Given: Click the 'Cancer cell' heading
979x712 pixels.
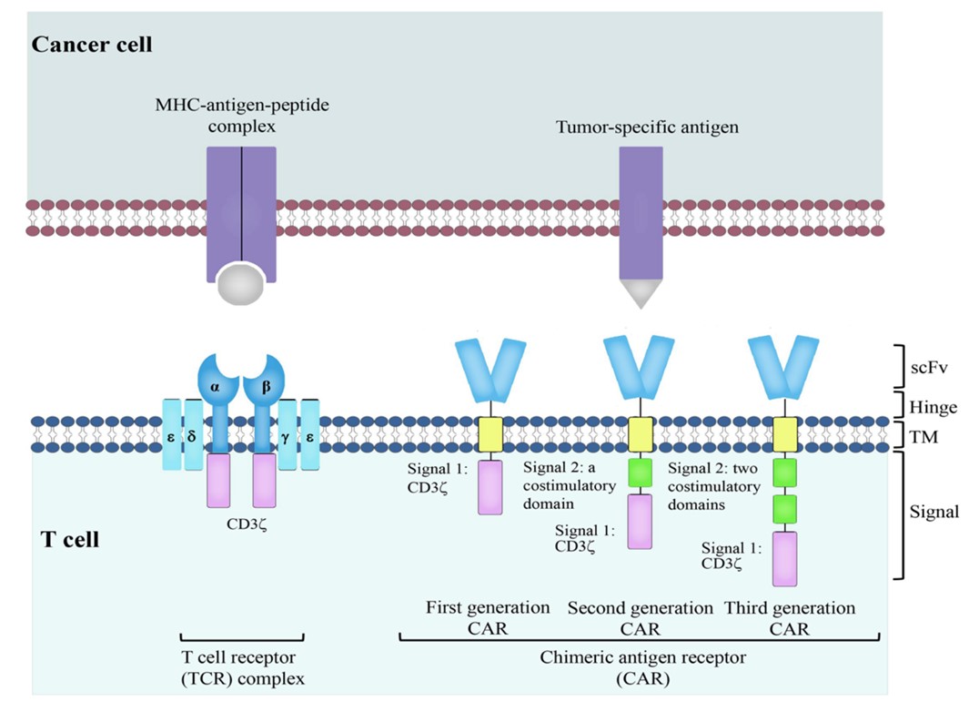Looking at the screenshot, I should (90, 45).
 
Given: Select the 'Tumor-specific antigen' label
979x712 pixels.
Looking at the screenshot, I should (647, 128).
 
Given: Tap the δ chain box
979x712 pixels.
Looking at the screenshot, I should (193, 435).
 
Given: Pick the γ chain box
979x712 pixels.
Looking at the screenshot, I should (288, 435).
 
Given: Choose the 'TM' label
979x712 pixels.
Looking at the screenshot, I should (925, 438).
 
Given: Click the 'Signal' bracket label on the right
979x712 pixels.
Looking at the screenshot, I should (934, 512).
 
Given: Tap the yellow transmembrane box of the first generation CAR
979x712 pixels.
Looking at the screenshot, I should (491, 435).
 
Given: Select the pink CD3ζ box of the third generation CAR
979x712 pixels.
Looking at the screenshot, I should (784, 558).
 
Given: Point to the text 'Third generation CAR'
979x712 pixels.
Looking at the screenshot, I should (789, 617).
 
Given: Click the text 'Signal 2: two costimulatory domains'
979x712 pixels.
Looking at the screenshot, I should (715, 486).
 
